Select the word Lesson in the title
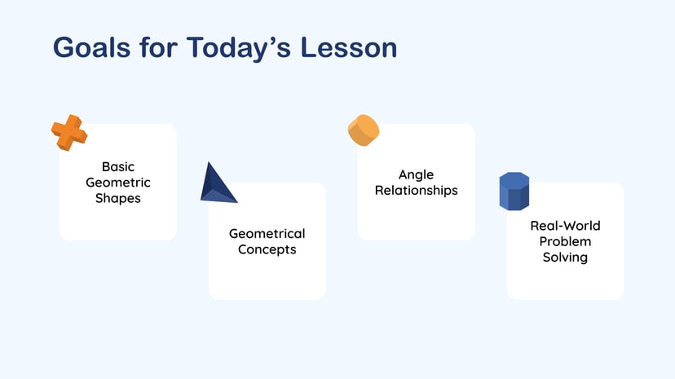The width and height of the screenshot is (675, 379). pyautogui.click(x=349, y=47)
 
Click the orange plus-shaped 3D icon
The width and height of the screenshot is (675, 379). pyautogui.click(x=69, y=132)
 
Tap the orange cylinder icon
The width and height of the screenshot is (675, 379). pyautogui.click(x=364, y=130)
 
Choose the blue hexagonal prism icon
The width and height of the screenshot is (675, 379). pyautogui.click(x=514, y=192)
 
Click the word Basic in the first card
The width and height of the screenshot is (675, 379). pyautogui.click(x=118, y=167)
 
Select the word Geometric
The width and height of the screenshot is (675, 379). pyautogui.click(x=118, y=183)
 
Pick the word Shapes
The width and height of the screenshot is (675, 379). pyautogui.click(x=118, y=198)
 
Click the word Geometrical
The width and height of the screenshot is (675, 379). pyautogui.click(x=267, y=234)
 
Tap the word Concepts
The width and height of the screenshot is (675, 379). pyautogui.click(x=267, y=249)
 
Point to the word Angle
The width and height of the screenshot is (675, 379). pyautogui.click(x=416, y=174)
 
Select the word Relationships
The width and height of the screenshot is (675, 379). pyautogui.click(x=416, y=190)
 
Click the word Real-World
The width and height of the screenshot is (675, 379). pyautogui.click(x=565, y=226)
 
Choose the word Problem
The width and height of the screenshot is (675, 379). pyautogui.click(x=565, y=241)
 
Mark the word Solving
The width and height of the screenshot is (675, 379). pyautogui.click(x=565, y=257)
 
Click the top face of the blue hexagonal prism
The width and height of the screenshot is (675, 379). pyautogui.click(x=514, y=178)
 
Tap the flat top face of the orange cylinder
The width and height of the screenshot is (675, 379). pyautogui.click(x=368, y=127)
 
